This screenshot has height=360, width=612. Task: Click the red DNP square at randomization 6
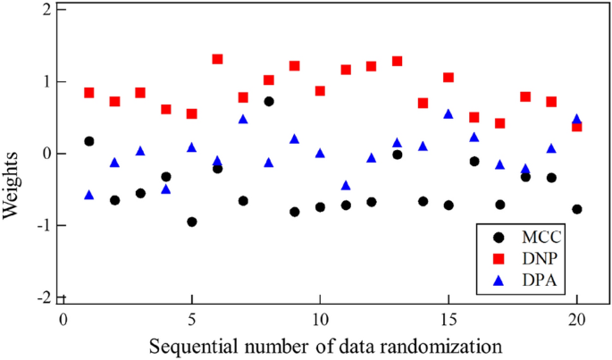pyautogui.click(x=217, y=59)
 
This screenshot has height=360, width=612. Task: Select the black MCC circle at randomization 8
pyautogui.click(x=269, y=101)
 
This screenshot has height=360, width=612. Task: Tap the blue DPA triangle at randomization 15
pyautogui.click(x=449, y=114)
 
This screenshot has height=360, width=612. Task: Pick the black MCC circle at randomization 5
pyautogui.click(x=192, y=222)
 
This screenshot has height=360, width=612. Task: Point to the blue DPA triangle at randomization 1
pyautogui.click(x=89, y=195)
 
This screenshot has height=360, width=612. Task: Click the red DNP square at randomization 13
pyautogui.click(x=398, y=61)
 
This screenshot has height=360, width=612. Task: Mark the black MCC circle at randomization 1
pyautogui.click(x=89, y=141)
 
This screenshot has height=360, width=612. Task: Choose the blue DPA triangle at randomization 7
pyautogui.click(x=243, y=119)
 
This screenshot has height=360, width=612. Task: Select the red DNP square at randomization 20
pyautogui.click(x=577, y=127)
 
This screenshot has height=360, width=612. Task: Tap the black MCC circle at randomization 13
pyautogui.click(x=398, y=154)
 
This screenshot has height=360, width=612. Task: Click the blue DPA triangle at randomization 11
pyautogui.click(x=346, y=186)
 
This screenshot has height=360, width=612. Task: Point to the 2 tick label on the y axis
pyautogui.click(x=45, y=10)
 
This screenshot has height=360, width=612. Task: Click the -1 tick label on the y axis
pyautogui.click(x=41, y=225)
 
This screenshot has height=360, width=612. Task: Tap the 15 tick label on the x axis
pyautogui.click(x=449, y=319)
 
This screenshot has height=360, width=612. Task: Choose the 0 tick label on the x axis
pyautogui.click(x=63, y=319)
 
